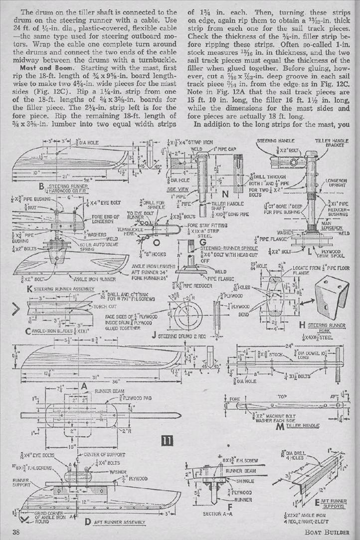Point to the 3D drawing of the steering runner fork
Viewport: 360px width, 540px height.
click(x=331, y=297)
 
